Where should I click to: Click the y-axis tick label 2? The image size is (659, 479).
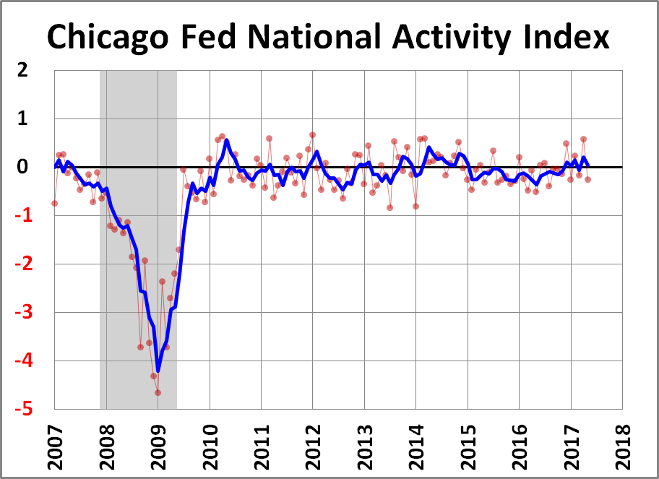pos(23,71)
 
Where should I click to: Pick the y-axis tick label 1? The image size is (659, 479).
pos(23,119)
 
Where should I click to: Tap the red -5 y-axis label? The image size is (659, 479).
pos(21,410)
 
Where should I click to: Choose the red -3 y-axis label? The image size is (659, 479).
pos(21,313)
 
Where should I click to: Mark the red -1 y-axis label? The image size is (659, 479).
pos(21,216)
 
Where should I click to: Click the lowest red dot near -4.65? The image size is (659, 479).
pos(158,392)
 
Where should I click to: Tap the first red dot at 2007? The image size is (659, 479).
pos(54,204)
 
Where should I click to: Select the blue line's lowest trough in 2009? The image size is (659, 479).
pos(158,370)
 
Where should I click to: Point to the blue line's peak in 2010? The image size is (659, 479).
pos(226,140)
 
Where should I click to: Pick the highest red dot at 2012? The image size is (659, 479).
pos(312,134)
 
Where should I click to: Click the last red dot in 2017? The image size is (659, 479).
pos(587,179)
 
